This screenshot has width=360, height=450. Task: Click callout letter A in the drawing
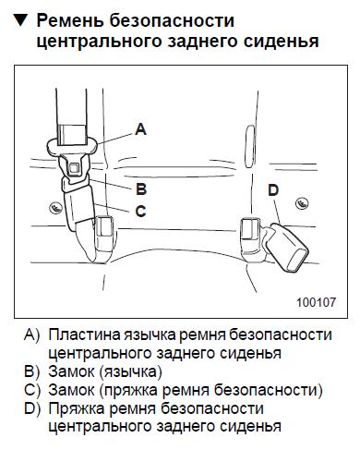pyautogui.click(x=140, y=129)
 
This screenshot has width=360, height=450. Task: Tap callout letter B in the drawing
pyautogui.click(x=141, y=189)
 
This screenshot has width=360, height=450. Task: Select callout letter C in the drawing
pyautogui.click(x=140, y=212)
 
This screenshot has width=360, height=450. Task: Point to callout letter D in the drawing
pyautogui.click(x=273, y=190)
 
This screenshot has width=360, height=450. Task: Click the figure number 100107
pyautogui.click(x=316, y=302)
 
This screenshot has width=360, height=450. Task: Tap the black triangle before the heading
pyautogui.click(x=21, y=21)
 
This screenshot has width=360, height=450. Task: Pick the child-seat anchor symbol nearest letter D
pyautogui.click(x=302, y=203)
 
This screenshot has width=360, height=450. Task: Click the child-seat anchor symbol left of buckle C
pyautogui.click(x=56, y=208)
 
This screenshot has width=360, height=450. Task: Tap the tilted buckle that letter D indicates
pyautogui.click(x=286, y=248)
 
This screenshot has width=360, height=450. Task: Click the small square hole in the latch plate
pyautogui.click(x=74, y=169)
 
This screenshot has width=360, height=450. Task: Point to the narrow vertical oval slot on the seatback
pyautogui.click(x=249, y=146)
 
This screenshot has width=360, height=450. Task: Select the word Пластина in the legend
pyautogui.click(x=84, y=334)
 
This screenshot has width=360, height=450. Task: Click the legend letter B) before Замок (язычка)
pyautogui.click(x=32, y=371)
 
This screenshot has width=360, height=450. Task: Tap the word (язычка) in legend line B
pyautogui.click(x=131, y=372)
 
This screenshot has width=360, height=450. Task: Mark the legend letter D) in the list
pyautogui.click(x=32, y=408)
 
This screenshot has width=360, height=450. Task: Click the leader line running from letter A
pyautogui.click(x=116, y=138)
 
